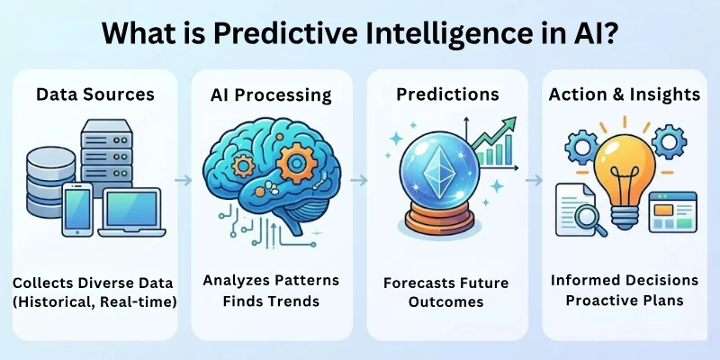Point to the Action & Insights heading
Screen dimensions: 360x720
625,93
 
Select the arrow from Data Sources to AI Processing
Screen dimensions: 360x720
182,180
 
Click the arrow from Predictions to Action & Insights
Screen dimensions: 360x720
535,180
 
